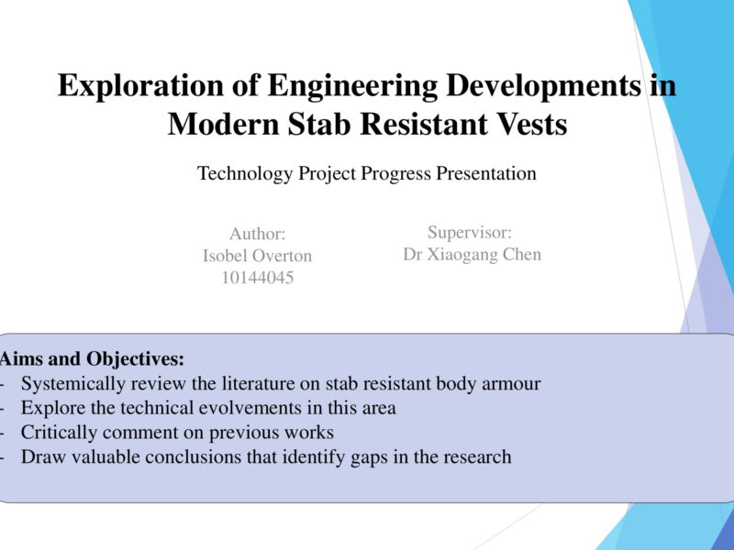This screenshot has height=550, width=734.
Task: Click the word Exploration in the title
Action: coord(140,86)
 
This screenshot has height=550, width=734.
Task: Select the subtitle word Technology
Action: coord(245,173)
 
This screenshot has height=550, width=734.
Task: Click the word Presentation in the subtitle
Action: coord(486,172)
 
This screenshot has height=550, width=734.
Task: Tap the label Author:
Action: coord(257,234)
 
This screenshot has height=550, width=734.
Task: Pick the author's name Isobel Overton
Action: coord(257,256)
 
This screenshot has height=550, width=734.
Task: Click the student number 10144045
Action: coord(258,278)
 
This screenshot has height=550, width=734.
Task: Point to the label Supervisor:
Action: coord(470,233)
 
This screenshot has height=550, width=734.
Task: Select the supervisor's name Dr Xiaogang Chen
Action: coord(472,255)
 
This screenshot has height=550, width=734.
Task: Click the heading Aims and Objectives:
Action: coord(93,359)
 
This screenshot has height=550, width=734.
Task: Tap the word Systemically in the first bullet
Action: coord(73,384)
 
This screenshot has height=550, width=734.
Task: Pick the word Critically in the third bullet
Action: coord(59,433)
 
